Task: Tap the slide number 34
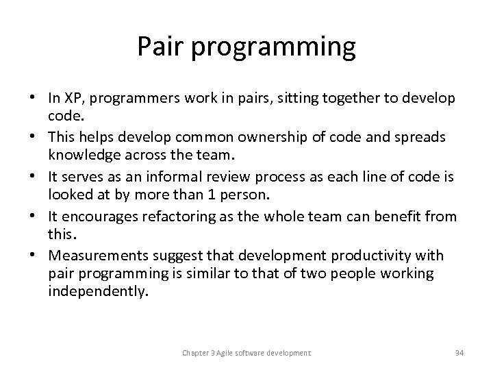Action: point(459,353)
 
